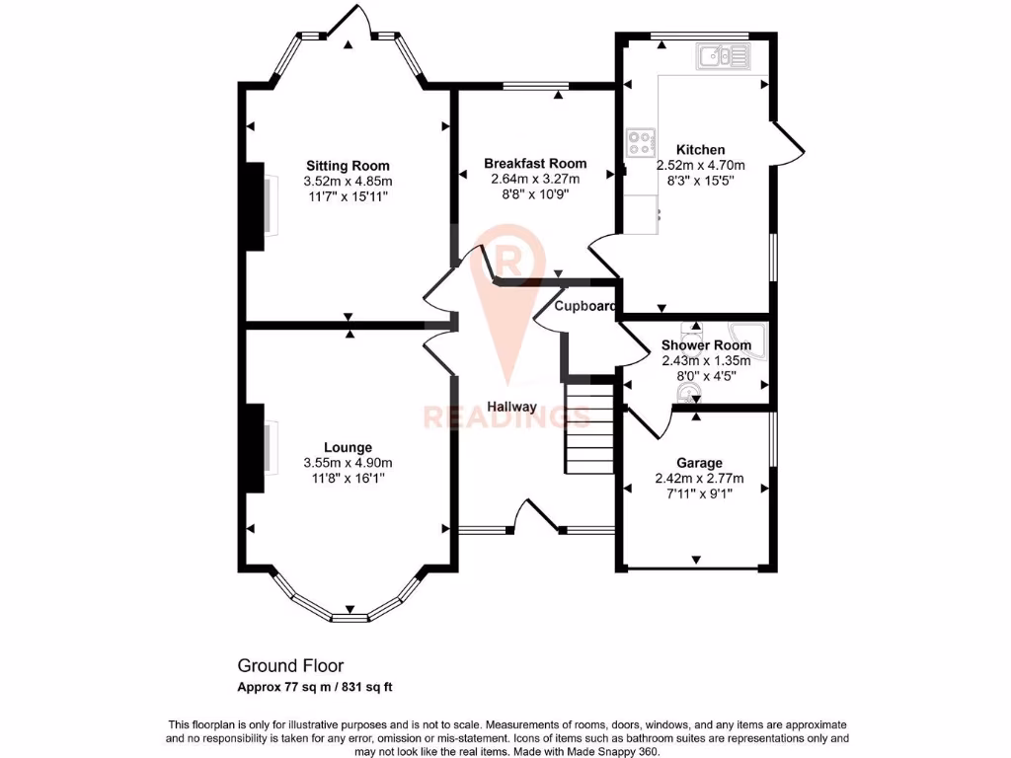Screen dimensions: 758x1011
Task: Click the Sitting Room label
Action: coord(348,166)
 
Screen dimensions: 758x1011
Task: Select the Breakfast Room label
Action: coord(535,163)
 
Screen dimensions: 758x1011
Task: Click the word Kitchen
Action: coord(700,150)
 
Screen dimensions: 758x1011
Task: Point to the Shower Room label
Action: coord(706,345)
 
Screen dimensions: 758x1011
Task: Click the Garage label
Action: coord(699,462)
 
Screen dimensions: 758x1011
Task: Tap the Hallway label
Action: coord(511,407)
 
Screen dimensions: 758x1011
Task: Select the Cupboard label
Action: coord(585,306)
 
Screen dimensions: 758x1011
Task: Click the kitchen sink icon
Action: coord(723,57)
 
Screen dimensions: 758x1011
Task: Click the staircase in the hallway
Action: coord(590,428)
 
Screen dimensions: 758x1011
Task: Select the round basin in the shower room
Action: coord(686,394)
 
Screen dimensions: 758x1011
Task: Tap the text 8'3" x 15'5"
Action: coord(700,182)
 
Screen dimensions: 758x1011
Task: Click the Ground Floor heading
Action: coord(290,666)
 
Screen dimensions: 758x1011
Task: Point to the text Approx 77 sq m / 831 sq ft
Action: coord(321,687)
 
